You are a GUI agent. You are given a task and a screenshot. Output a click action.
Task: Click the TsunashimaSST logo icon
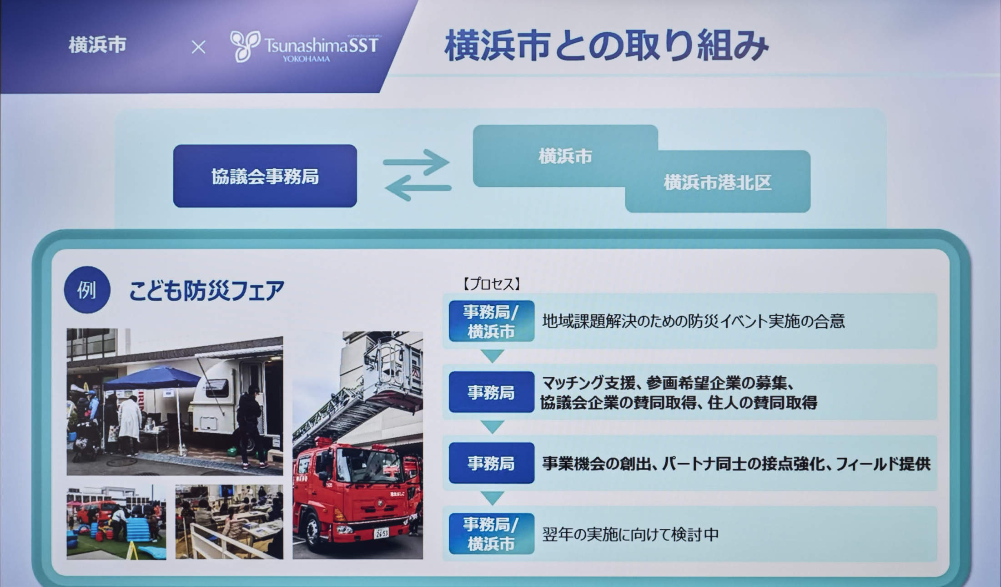click(x=245, y=46)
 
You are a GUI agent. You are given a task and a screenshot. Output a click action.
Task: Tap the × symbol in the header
click(x=198, y=47)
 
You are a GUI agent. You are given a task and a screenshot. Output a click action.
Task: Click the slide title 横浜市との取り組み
click(x=606, y=46)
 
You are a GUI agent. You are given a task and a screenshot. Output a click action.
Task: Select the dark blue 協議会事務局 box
click(x=265, y=176)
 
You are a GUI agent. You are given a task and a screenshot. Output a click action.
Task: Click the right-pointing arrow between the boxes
click(x=417, y=162)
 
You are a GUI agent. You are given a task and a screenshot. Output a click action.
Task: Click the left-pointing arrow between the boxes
click(x=418, y=187)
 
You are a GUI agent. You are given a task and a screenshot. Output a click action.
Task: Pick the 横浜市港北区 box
click(x=718, y=182)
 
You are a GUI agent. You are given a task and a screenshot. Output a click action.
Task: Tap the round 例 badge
click(x=86, y=290)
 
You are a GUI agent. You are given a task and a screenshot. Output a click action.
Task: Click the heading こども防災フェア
click(x=207, y=290)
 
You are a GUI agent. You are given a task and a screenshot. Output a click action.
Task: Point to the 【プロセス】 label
click(x=491, y=284)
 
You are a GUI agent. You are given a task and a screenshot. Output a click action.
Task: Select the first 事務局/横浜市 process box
click(x=491, y=321)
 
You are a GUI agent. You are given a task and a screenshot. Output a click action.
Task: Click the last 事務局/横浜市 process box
click(x=491, y=534)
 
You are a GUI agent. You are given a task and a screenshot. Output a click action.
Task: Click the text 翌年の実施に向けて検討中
click(x=630, y=534)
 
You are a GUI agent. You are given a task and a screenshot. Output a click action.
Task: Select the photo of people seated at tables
click(x=229, y=522)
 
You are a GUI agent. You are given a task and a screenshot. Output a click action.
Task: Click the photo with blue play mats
click(x=116, y=523)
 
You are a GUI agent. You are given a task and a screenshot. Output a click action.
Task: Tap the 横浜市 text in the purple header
click(x=97, y=46)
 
